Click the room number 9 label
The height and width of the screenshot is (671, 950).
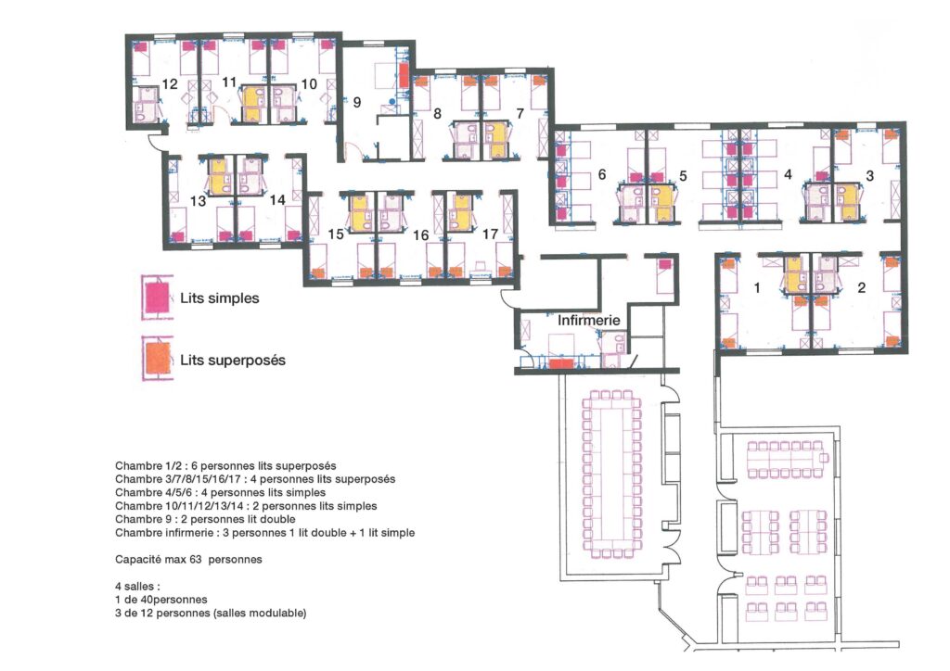pos(357,102)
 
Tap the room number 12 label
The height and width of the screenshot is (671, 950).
pos(170,83)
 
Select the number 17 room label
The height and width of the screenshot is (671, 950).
pos(490,234)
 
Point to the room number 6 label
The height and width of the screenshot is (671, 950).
pos(601,174)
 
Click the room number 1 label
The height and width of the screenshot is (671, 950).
pos(757,288)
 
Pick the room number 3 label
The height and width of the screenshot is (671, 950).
pos(870,176)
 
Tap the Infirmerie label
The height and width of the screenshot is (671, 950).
pos(589,320)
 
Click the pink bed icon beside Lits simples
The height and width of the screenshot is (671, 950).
pos(157,298)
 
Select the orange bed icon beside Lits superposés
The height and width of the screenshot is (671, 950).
pos(157,358)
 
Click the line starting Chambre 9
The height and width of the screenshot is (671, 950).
pos(205,519)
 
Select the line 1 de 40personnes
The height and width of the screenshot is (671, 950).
pos(161,600)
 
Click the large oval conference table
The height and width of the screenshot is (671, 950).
pos(612,474)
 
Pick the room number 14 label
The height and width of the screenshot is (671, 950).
pos(277,199)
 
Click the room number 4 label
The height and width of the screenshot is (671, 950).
pos(788,175)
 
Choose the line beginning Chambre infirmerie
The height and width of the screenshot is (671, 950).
pos(264,533)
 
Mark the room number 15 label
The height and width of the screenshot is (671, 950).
pos(336,234)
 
